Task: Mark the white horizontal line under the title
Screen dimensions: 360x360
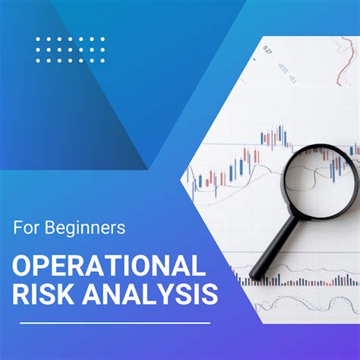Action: click(114, 323)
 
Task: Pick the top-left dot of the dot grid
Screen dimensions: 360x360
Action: click(38, 39)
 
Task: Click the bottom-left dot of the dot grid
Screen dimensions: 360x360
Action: click(38, 59)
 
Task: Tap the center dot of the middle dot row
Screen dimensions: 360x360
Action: click(71, 49)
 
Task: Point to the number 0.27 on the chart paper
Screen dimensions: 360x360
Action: click(268, 49)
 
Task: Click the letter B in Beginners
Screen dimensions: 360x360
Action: click(59, 226)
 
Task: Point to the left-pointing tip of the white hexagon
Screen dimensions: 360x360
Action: click(182, 180)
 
